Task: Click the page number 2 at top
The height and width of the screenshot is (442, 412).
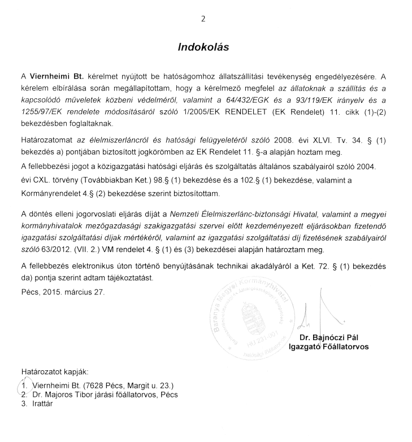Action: pos(203,19)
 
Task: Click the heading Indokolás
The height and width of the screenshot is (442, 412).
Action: pos(203,47)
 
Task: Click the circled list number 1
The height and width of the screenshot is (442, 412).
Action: pos(24,385)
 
